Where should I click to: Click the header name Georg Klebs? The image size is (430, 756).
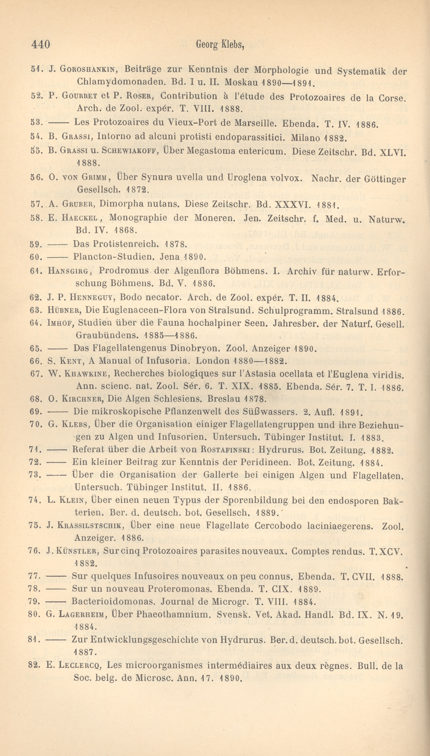[x=220, y=45]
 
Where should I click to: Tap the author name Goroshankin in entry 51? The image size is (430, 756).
[x=89, y=69]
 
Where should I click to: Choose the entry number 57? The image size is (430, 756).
[x=35, y=204]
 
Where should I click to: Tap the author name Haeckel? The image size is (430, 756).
[x=80, y=218]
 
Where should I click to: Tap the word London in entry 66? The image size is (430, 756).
[x=213, y=361]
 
